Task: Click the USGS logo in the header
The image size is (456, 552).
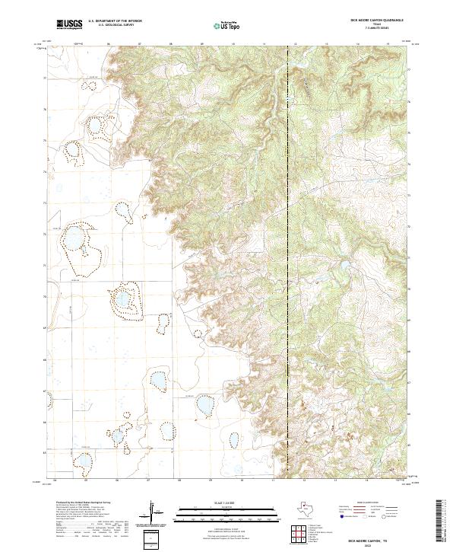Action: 69,25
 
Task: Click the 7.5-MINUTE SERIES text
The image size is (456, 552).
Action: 376,30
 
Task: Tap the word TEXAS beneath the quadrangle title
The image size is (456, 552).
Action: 376,26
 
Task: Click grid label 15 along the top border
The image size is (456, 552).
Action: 388,43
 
